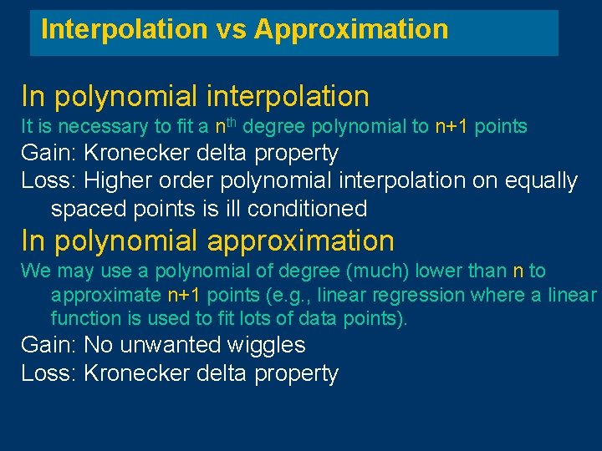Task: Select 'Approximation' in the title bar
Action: [x=351, y=30]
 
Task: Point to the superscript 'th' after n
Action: [x=233, y=123]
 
